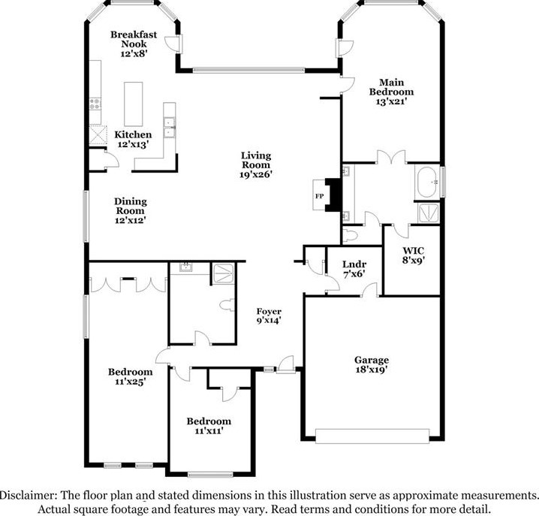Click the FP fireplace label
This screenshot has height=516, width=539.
pyautogui.click(x=319, y=197)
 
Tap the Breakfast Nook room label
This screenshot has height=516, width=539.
pyautogui.click(x=134, y=39)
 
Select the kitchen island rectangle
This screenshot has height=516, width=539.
pyautogui.click(x=134, y=104)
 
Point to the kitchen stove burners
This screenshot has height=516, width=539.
pyautogui.click(x=95, y=104)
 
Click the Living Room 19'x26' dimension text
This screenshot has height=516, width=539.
pyautogui.click(x=256, y=174)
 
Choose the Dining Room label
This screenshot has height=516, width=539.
pyautogui.click(x=131, y=206)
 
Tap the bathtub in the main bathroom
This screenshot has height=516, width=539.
pyautogui.click(x=427, y=183)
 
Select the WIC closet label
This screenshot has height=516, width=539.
pyautogui.click(x=414, y=250)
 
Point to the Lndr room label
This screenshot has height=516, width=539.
pyautogui.click(x=354, y=264)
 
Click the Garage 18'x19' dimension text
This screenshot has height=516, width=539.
pyautogui.click(x=372, y=370)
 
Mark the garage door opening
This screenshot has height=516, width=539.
pyautogui.click(x=372, y=436)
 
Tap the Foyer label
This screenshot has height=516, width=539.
pyautogui.click(x=269, y=311)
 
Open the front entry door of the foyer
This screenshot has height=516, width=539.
pyautogui.click(x=286, y=364)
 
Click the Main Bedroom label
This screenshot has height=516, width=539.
pyautogui.click(x=392, y=87)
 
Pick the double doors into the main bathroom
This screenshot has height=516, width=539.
pyautogui.click(x=391, y=158)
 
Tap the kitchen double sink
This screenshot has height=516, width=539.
pyautogui.click(x=169, y=127)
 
